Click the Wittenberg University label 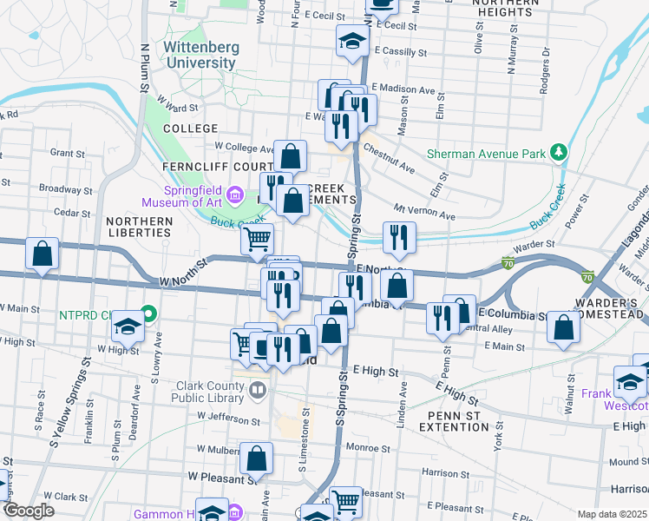coord(199,55)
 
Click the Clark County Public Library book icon coord(256,390)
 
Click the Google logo coord(29,511)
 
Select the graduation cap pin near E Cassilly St coord(352,41)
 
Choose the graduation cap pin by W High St coord(128,326)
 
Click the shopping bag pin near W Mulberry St coord(257,458)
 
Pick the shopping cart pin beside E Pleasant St coord(346,500)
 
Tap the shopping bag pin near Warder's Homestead coord(564,328)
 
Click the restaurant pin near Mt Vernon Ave coord(399,237)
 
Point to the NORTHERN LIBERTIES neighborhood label coord(139,227)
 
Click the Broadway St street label coord(60,188)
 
